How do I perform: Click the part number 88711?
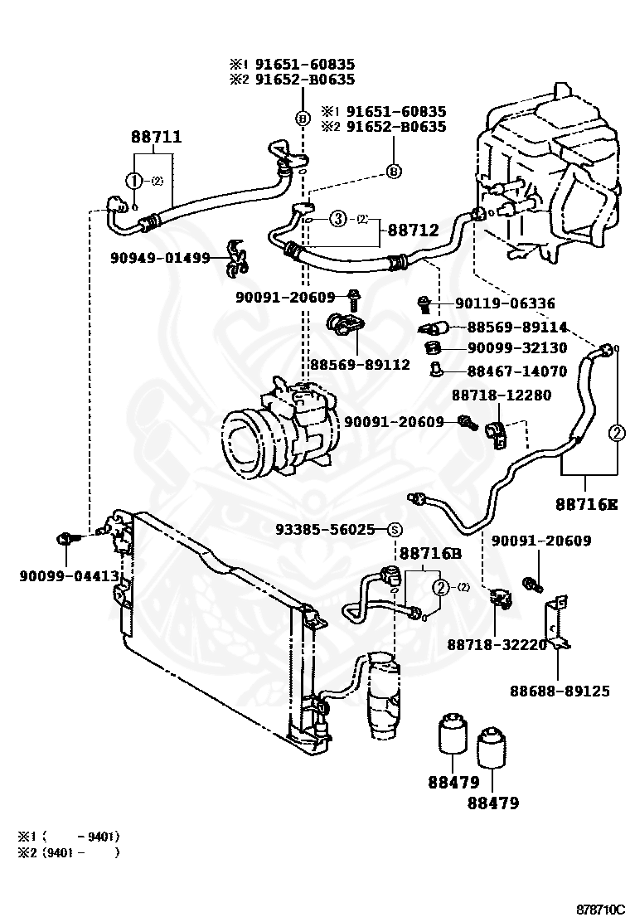156,137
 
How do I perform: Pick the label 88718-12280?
501,395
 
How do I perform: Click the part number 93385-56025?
326,529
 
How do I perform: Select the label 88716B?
429,552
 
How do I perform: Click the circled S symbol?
395,530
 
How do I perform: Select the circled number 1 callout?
133,181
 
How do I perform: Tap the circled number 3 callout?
337,219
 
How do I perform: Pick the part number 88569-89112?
361,364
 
